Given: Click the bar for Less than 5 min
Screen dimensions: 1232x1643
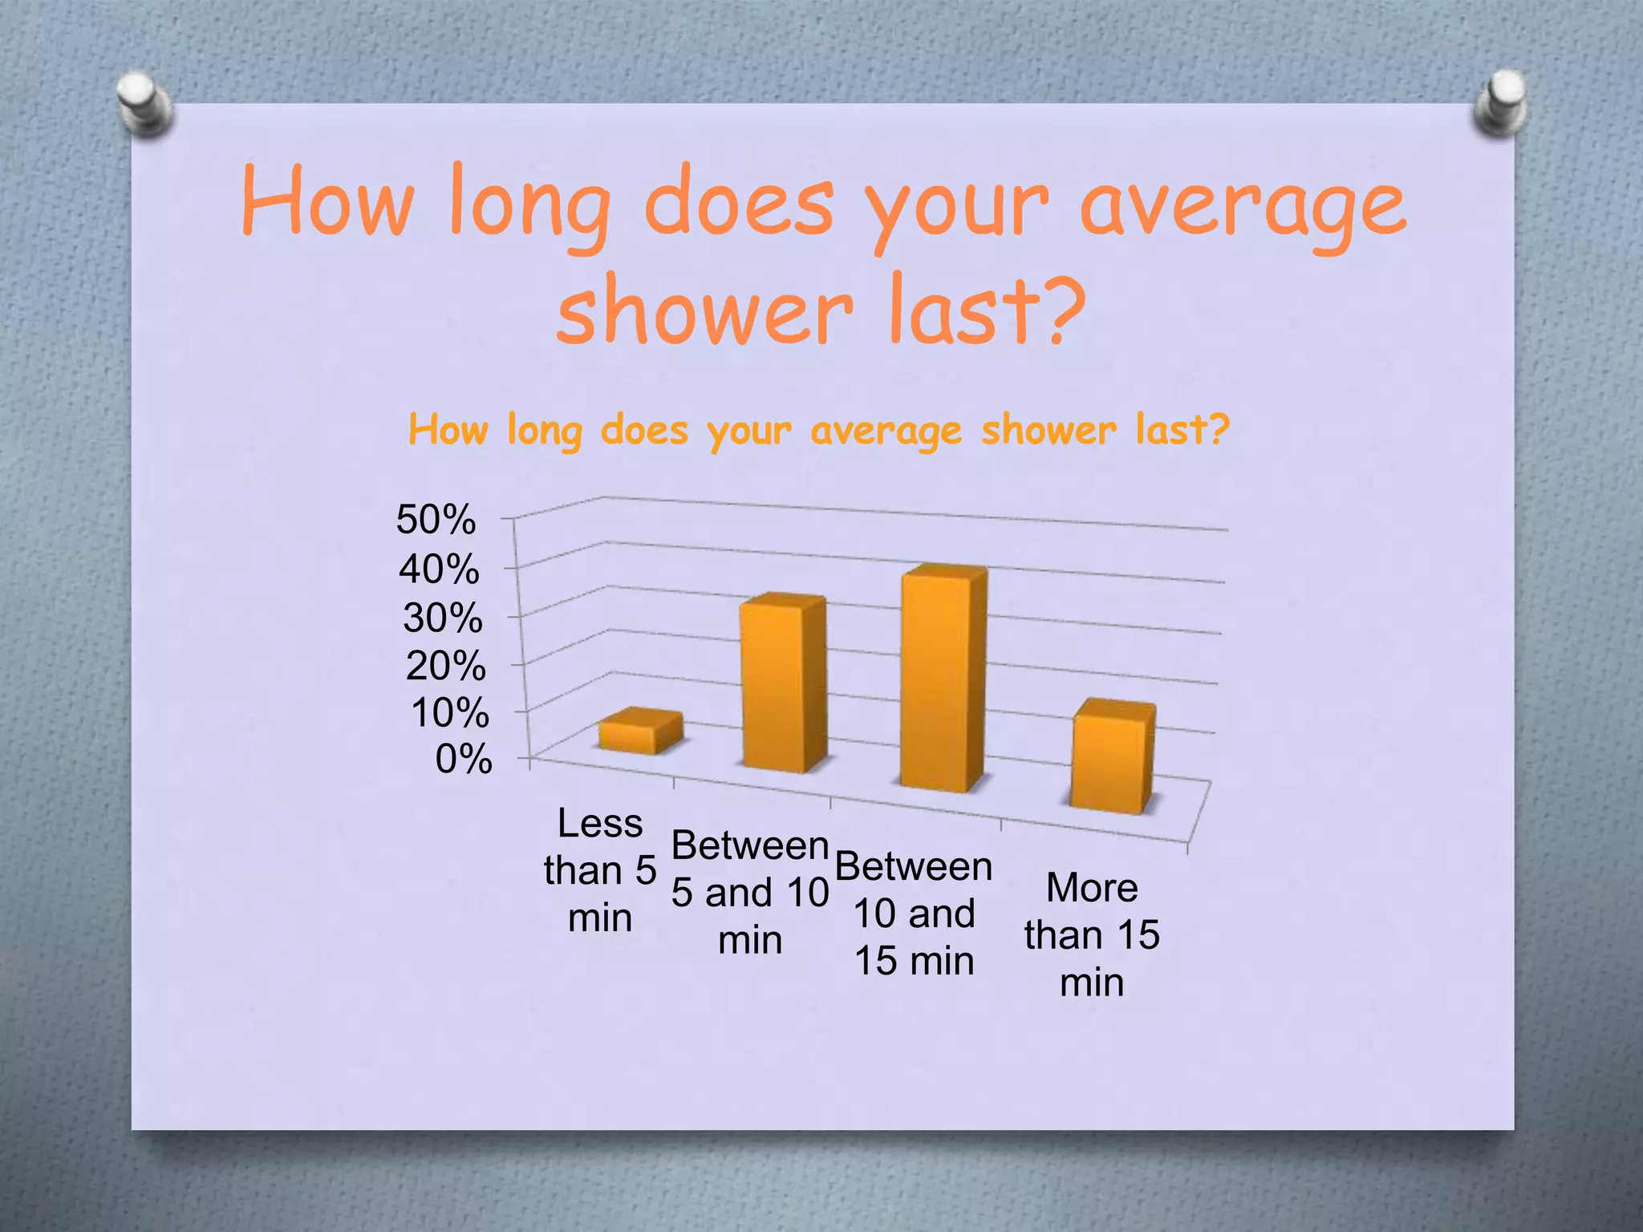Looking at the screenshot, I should (x=640, y=732).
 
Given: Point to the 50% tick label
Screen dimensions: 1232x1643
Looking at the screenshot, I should (x=436, y=519).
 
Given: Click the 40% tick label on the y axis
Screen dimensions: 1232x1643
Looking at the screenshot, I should (x=439, y=569).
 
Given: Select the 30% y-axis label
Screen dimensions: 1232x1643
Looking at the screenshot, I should (x=443, y=618).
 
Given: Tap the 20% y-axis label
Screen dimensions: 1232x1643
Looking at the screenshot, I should (x=446, y=666).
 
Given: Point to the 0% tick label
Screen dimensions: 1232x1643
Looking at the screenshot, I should (x=464, y=759).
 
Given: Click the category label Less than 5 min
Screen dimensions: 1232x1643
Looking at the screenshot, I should (x=600, y=870).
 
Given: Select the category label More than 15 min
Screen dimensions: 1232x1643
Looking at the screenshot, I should (x=1092, y=935).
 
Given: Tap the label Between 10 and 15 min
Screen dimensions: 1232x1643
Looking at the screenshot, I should (x=915, y=914).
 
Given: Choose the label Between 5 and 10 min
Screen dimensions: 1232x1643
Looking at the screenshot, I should (x=750, y=892).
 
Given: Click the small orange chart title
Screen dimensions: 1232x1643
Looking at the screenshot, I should (x=818, y=430).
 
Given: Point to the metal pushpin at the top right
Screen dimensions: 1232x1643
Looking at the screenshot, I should (x=1500, y=103).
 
